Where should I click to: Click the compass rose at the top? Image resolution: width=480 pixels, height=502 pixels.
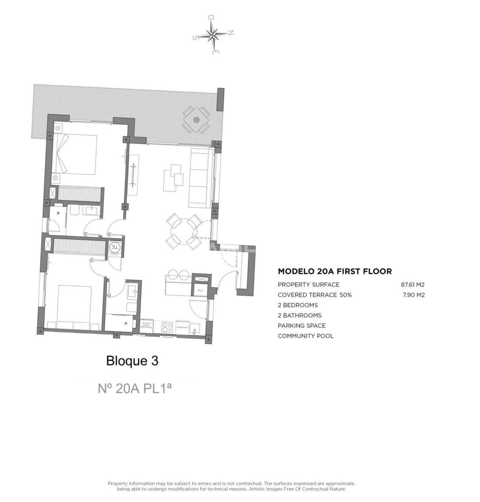point(212,35)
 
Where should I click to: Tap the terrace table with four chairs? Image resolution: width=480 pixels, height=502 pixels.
point(196,120)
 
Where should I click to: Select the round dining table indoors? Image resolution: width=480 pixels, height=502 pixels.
point(184,231)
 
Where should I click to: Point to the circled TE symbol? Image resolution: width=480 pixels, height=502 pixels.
point(114,247)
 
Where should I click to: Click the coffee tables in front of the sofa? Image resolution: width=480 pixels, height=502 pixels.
point(173,177)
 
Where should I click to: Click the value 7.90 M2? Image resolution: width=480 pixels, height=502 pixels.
point(414,295)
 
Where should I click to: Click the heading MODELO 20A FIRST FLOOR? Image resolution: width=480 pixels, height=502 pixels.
point(334,271)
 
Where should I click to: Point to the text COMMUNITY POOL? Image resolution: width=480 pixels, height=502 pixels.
point(305,336)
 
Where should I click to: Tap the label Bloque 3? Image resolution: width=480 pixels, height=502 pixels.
point(132,360)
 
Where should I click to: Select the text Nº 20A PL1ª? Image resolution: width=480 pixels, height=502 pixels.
point(135,388)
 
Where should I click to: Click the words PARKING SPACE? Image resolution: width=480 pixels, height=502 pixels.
point(301,326)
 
